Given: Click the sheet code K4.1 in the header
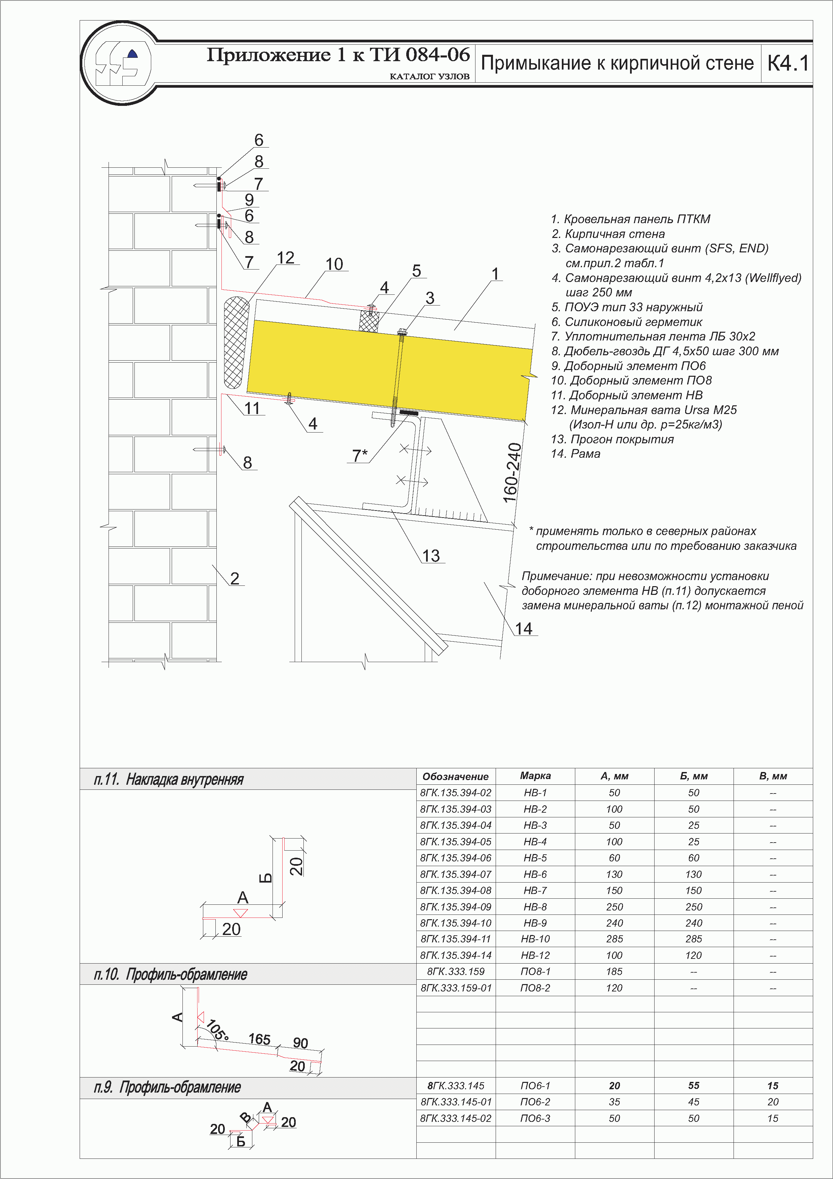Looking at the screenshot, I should (787, 63).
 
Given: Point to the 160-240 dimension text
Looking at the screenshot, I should (512, 473).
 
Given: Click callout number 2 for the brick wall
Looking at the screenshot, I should (235, 579).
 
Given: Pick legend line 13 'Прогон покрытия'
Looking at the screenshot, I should (612, 439).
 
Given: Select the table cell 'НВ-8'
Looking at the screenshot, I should (535, 907).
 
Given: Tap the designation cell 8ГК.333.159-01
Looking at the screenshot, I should (456, 988).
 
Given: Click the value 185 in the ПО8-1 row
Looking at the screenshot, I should (614, 972).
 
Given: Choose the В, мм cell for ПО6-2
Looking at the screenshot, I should (773, 1102).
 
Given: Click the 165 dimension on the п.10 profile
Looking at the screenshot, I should (259, 1039).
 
